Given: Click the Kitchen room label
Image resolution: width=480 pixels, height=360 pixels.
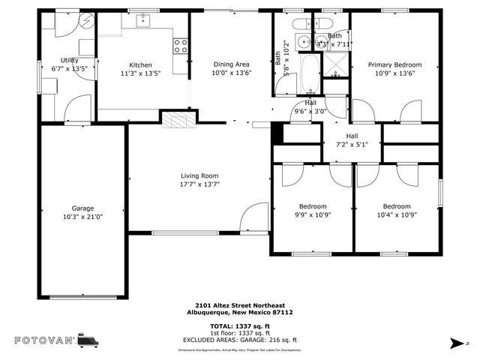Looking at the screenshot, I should point(140,65).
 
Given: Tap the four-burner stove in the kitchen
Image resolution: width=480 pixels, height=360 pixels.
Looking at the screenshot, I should point(181,46).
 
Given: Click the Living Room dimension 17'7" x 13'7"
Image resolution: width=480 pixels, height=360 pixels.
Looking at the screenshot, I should point(199,184).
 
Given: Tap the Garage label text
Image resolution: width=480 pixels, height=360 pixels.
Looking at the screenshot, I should point(82,208).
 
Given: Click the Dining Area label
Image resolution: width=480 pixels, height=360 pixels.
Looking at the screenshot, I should point(231,64).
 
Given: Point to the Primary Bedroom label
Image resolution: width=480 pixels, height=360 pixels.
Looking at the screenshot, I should point(394,64).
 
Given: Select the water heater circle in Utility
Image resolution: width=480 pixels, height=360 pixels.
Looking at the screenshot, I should point(86,22).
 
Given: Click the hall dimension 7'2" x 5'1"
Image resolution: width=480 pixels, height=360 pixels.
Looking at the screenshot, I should point(352,144).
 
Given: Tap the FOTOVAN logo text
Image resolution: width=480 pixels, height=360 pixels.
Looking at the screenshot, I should point(45,340).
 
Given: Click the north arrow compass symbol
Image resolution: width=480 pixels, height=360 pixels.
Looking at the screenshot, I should point(454,343).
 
